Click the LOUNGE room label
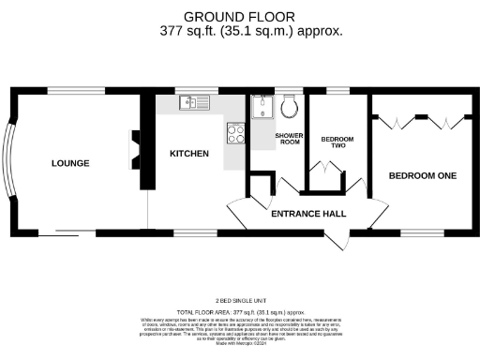coord(70,163)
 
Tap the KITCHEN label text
coord(188,153)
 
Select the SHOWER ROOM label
coord(288,139)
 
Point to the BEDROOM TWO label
coord(337,142)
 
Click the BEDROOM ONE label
coord(423,175)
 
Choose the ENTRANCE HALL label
coord(308,214)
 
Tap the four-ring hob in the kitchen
coord(236,134)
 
